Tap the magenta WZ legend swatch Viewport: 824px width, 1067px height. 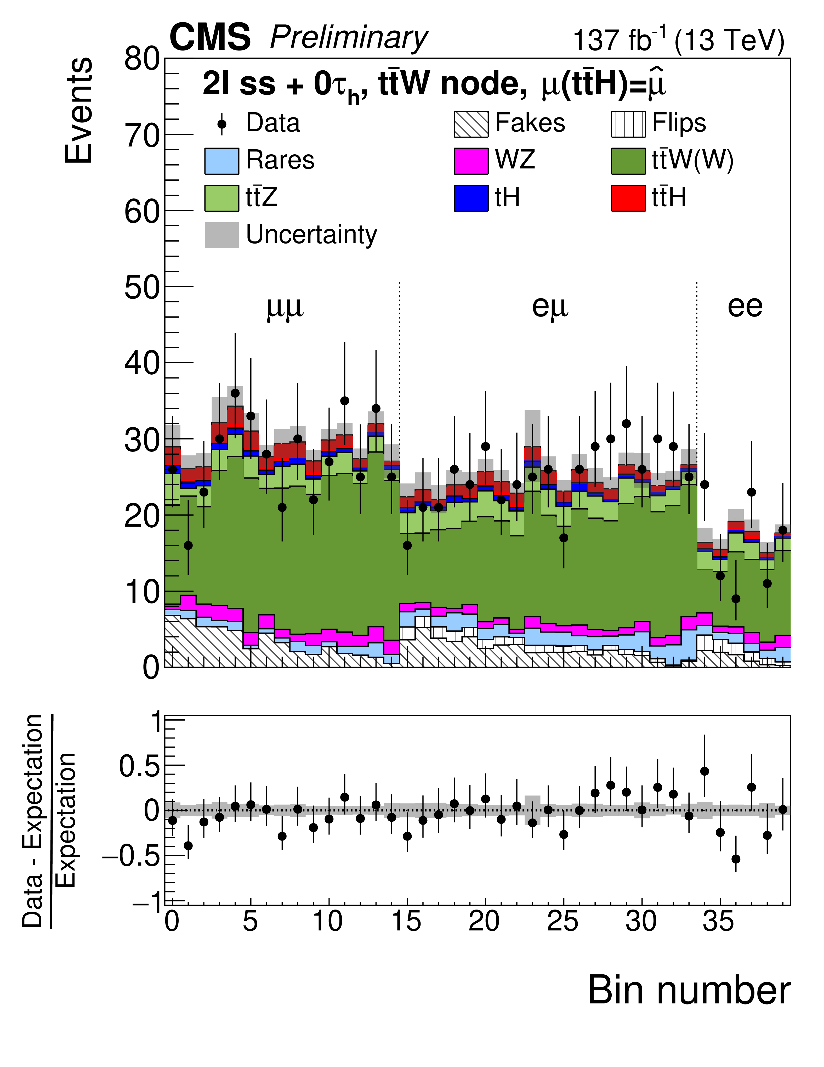tap(471, 161)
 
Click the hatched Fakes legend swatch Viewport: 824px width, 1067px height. tap(471, 124)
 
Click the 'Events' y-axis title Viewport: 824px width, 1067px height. tap(79, 110)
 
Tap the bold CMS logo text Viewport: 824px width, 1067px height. tap(210, 38)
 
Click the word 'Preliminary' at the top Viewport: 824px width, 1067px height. tap(349, 38)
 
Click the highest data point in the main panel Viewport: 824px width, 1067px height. tap(235, 393)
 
